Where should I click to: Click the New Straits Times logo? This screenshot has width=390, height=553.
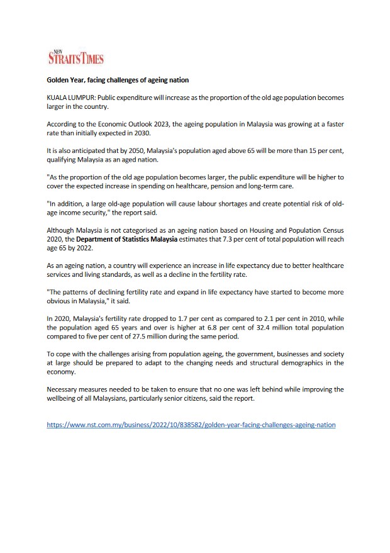point(75,57)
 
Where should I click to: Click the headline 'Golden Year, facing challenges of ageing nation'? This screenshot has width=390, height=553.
point(118,81)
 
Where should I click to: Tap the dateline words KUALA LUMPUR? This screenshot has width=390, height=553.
point(69,100)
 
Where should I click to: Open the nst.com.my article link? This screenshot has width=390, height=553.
point(191,425)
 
